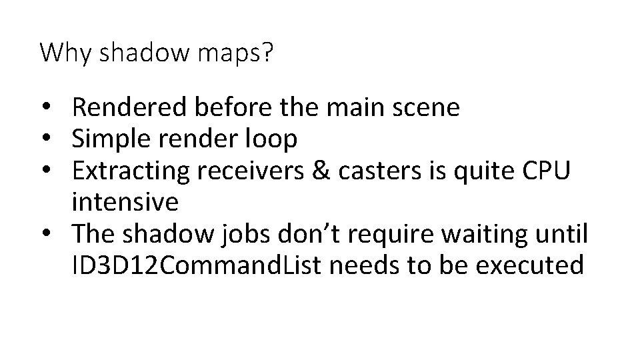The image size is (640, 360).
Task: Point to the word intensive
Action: point(127,201)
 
